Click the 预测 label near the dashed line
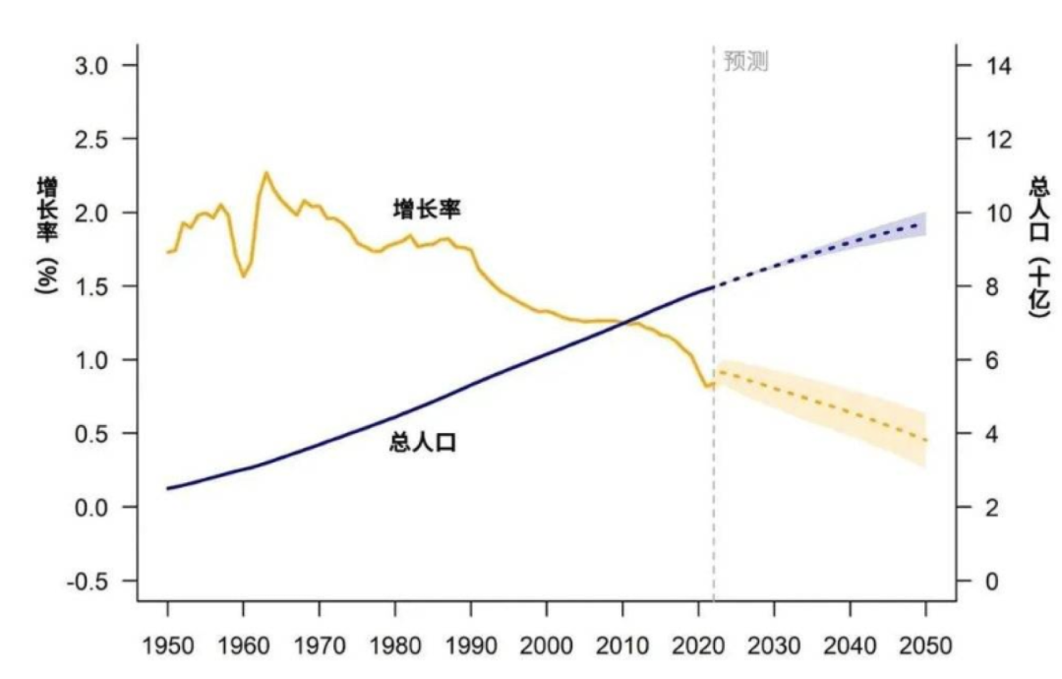click(745, 62)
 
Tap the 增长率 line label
click(427, 209)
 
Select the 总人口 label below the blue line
click(423, 443)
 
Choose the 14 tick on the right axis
click(985, 65)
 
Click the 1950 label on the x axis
click(167, 647)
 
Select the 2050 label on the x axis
click(926, 647)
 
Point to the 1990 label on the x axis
click(471, 647)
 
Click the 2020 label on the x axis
click(699, 647)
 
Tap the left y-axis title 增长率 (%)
click(46, 236)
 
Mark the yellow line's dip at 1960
click(244, 277)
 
